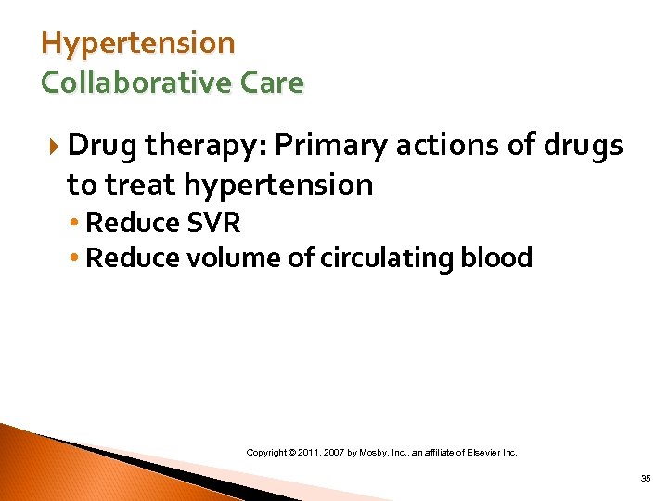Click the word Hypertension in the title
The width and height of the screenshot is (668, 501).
coord(138,44)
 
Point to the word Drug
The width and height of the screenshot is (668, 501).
coord(102,146)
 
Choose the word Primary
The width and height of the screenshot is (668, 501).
coord(332,146)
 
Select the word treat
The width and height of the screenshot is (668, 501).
coord(142,186)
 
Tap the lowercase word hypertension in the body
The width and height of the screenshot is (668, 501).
coord(278,186)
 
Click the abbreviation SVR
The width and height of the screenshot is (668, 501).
coord(213,224)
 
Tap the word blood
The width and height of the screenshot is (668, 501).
coord(497,258)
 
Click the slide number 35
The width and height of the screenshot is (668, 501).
coord(645,479)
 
